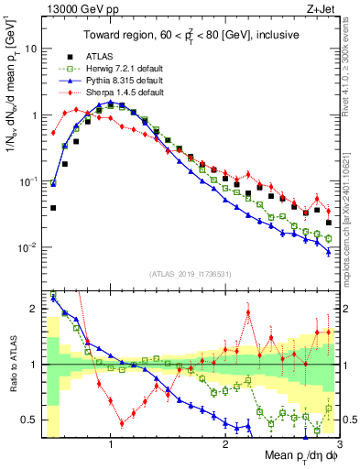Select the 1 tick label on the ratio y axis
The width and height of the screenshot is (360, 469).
point(36,365)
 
